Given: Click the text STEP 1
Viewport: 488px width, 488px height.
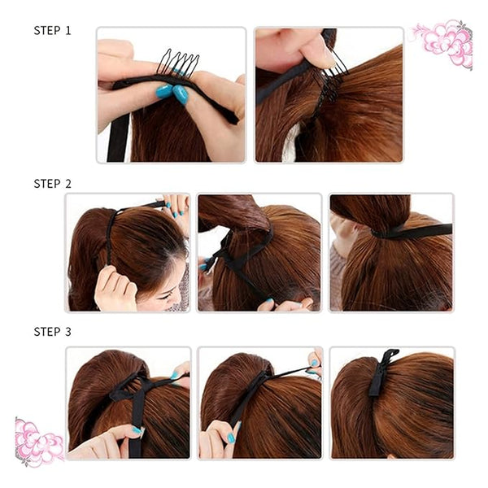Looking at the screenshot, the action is coord(52,31).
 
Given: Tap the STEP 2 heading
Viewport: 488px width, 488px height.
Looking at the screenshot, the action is coord(52,184).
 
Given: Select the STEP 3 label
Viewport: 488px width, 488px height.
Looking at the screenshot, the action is coord(52,332).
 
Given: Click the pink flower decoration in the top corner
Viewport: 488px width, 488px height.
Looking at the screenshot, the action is coord(442,43).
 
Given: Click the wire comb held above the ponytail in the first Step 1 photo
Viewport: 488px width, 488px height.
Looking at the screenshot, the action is coord(177,63).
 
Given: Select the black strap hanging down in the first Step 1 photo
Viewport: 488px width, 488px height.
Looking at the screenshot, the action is coord(118,137).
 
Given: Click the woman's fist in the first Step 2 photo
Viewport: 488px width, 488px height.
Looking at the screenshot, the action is coord(115,288).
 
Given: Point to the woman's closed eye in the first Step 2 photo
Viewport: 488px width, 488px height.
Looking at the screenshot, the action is coord(164,297).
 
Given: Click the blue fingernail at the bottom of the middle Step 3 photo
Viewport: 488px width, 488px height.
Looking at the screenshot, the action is coord(231,438).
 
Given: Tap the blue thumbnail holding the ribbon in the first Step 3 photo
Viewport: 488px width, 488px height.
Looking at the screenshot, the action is coord(137,430).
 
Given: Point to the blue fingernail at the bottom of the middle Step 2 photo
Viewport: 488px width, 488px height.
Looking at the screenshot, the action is coord(269,301).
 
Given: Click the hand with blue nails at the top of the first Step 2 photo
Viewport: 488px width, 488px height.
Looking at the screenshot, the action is coord(175,206).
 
